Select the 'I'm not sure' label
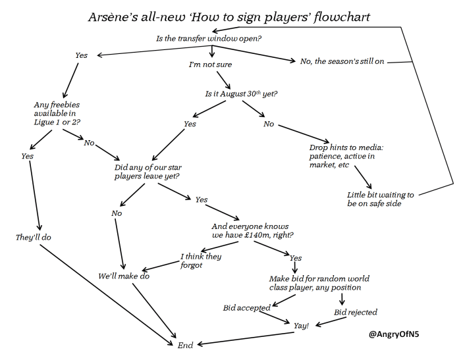[211, 66]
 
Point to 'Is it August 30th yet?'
[242, 93]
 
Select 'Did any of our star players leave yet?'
[149, 172]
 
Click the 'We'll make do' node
[124, 276]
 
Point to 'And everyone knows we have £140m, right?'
[252, 230]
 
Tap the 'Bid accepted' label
[246, 308]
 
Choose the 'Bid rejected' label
[356, 312]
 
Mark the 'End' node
[185, 345]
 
